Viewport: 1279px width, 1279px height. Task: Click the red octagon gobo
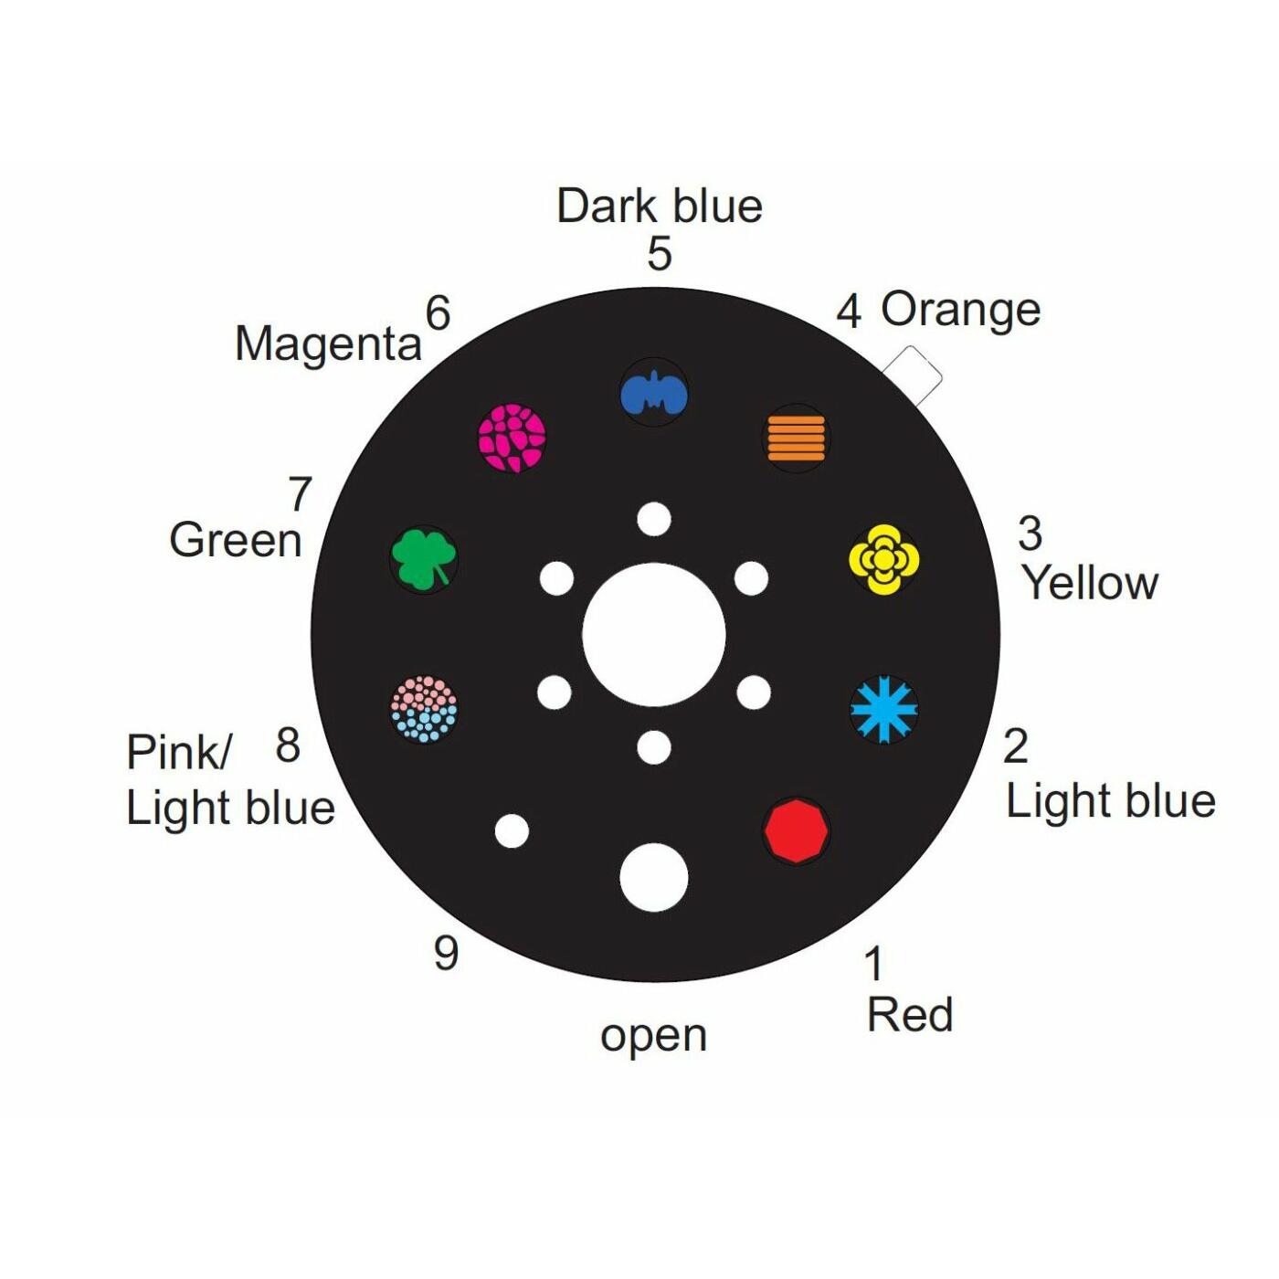796,830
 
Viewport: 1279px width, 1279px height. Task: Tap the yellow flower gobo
883,559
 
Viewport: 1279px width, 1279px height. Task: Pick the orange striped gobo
796,438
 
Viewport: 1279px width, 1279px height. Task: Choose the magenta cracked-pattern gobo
513,438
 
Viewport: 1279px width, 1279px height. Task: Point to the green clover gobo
423,559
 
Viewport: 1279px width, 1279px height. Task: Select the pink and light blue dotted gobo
424,709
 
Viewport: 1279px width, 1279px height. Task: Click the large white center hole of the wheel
654,635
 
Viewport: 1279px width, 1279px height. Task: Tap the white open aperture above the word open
654,877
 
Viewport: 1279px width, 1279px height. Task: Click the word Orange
960,311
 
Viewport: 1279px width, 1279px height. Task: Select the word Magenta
328,345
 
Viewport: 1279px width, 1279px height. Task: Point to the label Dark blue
660,206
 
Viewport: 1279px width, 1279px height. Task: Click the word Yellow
1090,584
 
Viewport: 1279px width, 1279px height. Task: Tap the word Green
236,540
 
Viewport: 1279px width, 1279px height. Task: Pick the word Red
910,1015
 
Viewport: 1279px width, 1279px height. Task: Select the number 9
446,953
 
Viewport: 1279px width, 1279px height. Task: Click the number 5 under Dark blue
660,254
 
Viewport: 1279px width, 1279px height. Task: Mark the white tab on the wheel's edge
913,375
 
